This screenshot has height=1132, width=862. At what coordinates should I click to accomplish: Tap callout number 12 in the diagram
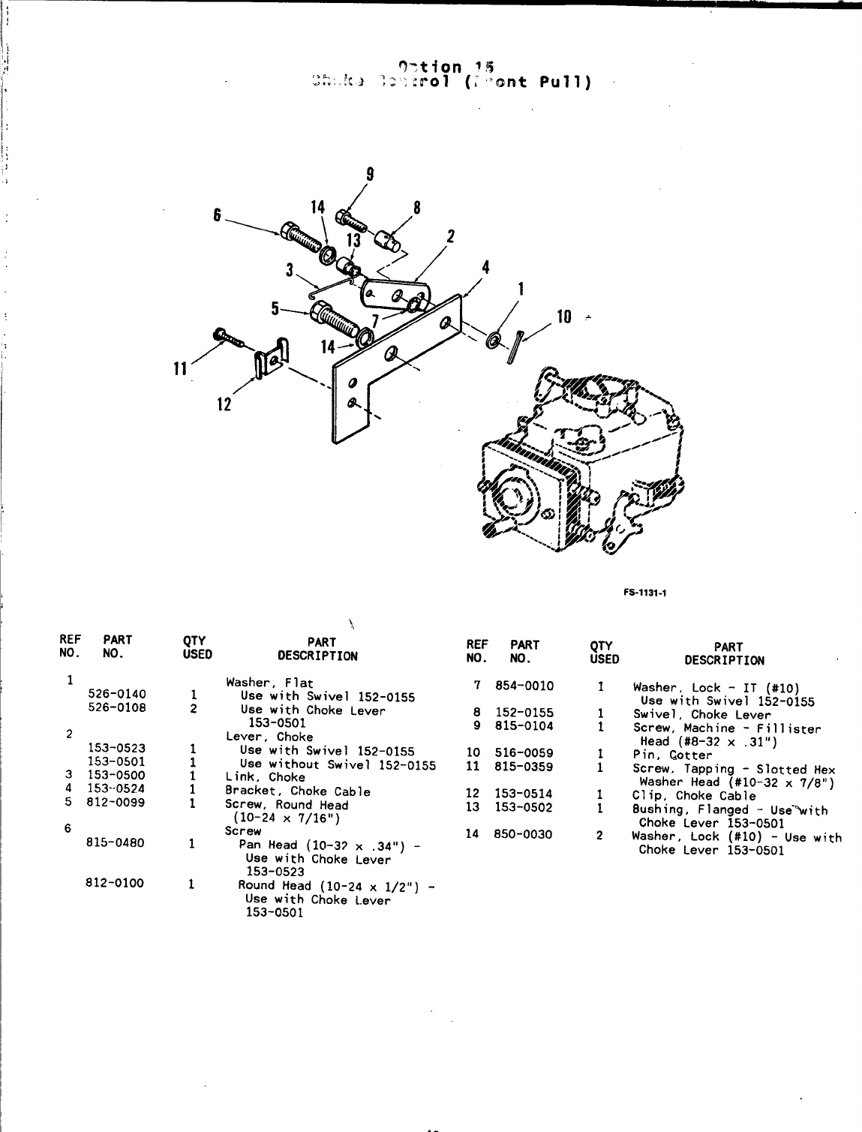(x=224, y=404)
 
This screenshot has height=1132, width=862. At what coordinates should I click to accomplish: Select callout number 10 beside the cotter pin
(x=564, y=317)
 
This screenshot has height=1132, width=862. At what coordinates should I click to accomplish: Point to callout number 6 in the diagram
(x=218, y=215)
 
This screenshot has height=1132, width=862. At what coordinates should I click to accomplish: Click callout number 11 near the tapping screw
(x=180, y=368)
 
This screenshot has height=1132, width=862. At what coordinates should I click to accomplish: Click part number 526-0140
(x=117, y=694)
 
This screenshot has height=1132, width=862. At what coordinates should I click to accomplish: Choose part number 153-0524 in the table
(x=117, y=788)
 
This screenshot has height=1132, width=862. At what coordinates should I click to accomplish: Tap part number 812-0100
(x=115, y=883)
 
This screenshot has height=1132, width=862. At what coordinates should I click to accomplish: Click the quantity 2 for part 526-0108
(x=193, y=707)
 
